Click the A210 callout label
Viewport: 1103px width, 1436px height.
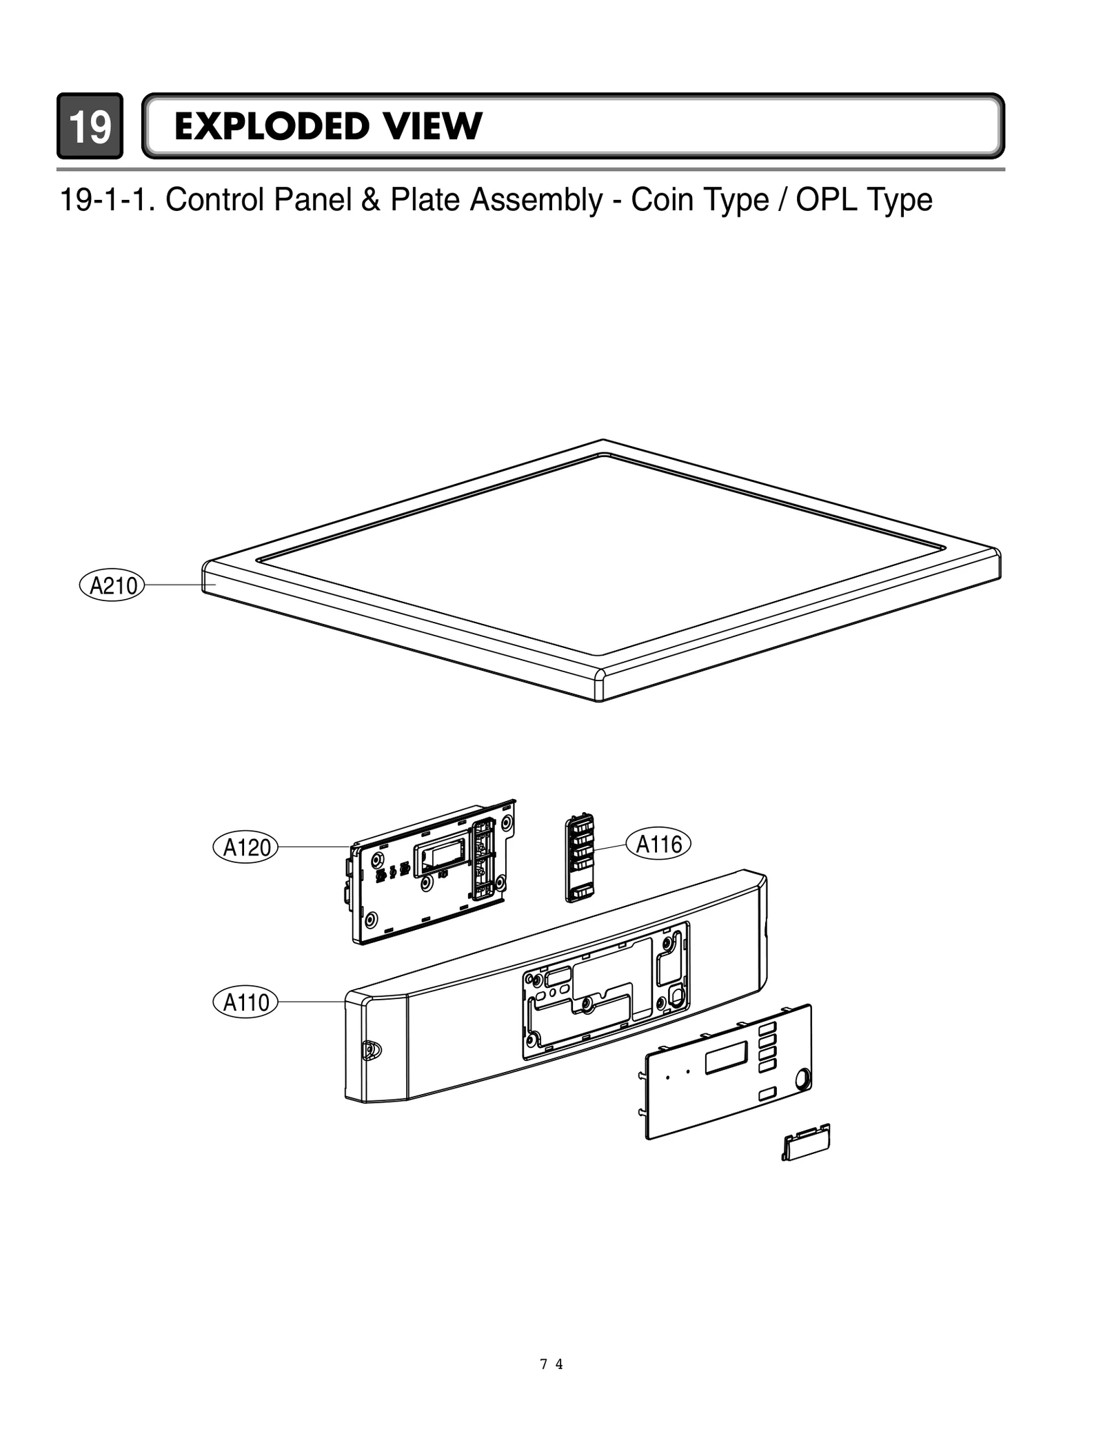point(112,585)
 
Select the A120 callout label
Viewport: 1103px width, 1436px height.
point(245,847)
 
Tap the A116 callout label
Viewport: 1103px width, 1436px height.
point(658,844)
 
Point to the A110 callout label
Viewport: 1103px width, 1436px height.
point(245,1002)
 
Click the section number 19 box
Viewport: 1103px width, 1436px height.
point(90,126)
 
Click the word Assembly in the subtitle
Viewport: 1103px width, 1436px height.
point(536,200)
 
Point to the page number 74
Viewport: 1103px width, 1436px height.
point(551,1364)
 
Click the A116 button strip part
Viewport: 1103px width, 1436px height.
point(580,858)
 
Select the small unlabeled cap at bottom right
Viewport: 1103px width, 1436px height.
point(806,1144)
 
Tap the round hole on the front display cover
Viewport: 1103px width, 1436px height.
point(802,1078)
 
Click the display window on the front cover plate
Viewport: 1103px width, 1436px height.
point(726,1058)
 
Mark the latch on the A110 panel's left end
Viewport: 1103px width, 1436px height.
point(371,1050)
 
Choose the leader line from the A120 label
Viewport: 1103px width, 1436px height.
point(314,847)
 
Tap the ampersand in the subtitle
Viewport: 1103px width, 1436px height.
point(372,200)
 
